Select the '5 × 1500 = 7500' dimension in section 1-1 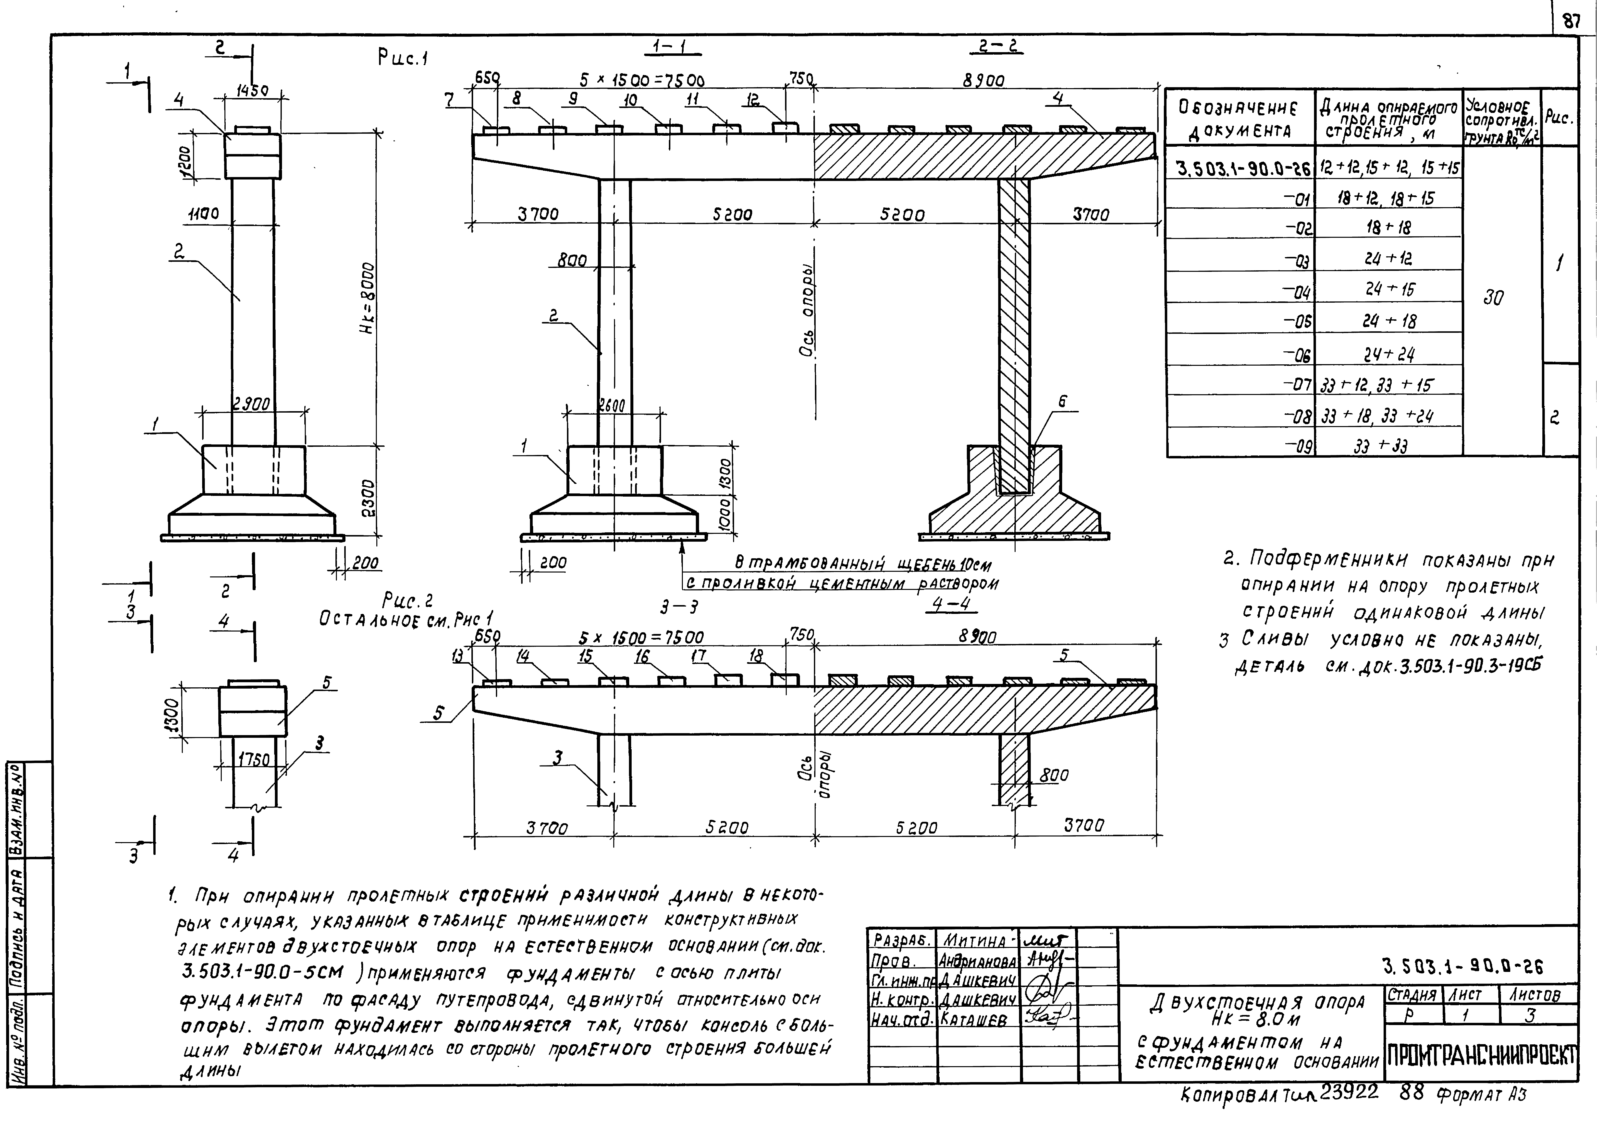click(x=641, y=80)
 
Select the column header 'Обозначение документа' click(x=1238, y=119)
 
